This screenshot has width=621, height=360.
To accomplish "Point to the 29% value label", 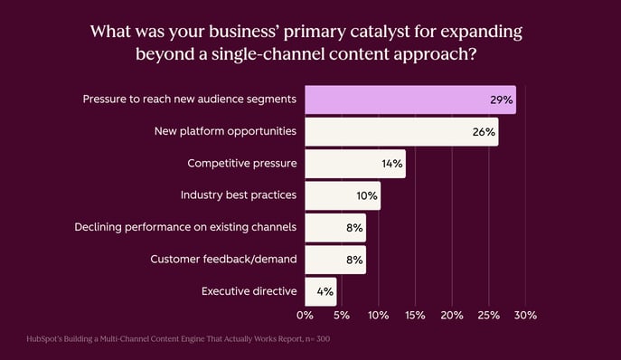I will tap(503, 100).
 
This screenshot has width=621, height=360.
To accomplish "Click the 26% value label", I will tap(484, 132).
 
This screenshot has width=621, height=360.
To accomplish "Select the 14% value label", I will tap(392, 164).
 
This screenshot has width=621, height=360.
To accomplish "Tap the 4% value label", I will tap(325, 291).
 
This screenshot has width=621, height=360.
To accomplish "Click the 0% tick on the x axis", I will tap(305, 316).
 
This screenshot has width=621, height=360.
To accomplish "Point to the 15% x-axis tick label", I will tap(415, 316).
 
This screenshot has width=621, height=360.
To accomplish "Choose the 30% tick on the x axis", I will tap(525, 316).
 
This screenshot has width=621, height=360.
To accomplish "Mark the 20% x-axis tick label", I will tap(451, 316).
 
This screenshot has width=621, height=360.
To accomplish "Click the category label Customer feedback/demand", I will tap(223, 260).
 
